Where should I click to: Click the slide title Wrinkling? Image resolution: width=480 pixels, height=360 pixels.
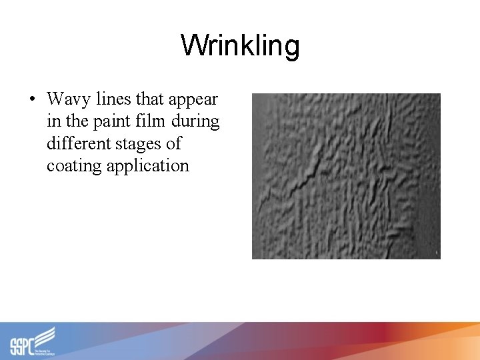click(240, 46)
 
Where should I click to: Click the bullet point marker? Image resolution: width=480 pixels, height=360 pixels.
click(32, 100)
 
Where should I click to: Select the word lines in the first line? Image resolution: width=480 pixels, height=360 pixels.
click(114, 99)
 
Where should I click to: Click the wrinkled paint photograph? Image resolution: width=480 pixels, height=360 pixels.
click(345, 176)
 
